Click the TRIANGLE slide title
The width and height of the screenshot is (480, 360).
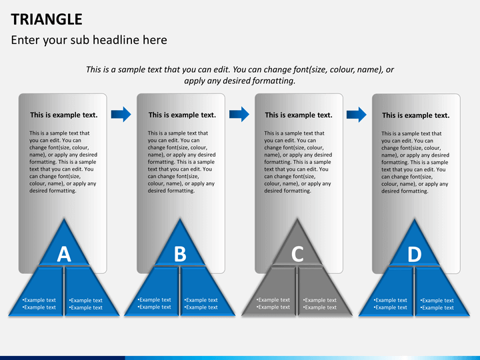[47, 19]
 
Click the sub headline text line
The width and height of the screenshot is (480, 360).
[89, 40]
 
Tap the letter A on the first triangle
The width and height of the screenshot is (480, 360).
[64, 253]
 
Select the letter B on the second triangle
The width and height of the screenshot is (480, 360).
[180, 253]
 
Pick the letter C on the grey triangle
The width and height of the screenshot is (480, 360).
[297, 253]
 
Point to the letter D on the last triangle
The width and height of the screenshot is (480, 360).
[415, 253]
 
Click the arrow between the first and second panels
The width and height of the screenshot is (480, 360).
[121, 114]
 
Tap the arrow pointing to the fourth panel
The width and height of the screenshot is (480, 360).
[357, 114]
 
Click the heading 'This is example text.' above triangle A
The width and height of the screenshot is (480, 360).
[64, 115]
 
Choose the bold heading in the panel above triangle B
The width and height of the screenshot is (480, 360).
[182, 115]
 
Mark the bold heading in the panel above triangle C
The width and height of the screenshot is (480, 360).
[299, 115]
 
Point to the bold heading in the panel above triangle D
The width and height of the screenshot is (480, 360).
[415, 115]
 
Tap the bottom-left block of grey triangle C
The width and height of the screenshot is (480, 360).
[275, 293]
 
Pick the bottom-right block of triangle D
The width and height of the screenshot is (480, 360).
[437, 293]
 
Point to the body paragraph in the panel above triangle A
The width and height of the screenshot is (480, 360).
[63, 162]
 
